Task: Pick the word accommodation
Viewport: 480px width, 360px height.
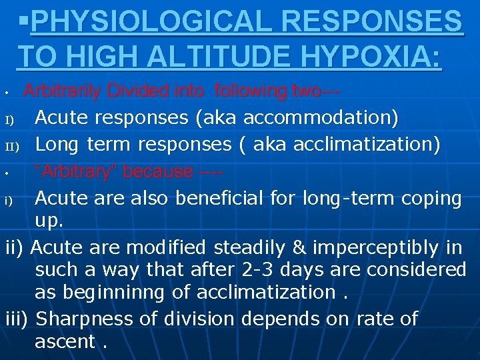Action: point(321,118)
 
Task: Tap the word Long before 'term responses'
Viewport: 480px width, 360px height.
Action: point(58,143)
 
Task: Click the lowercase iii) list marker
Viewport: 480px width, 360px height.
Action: point(17,319)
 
